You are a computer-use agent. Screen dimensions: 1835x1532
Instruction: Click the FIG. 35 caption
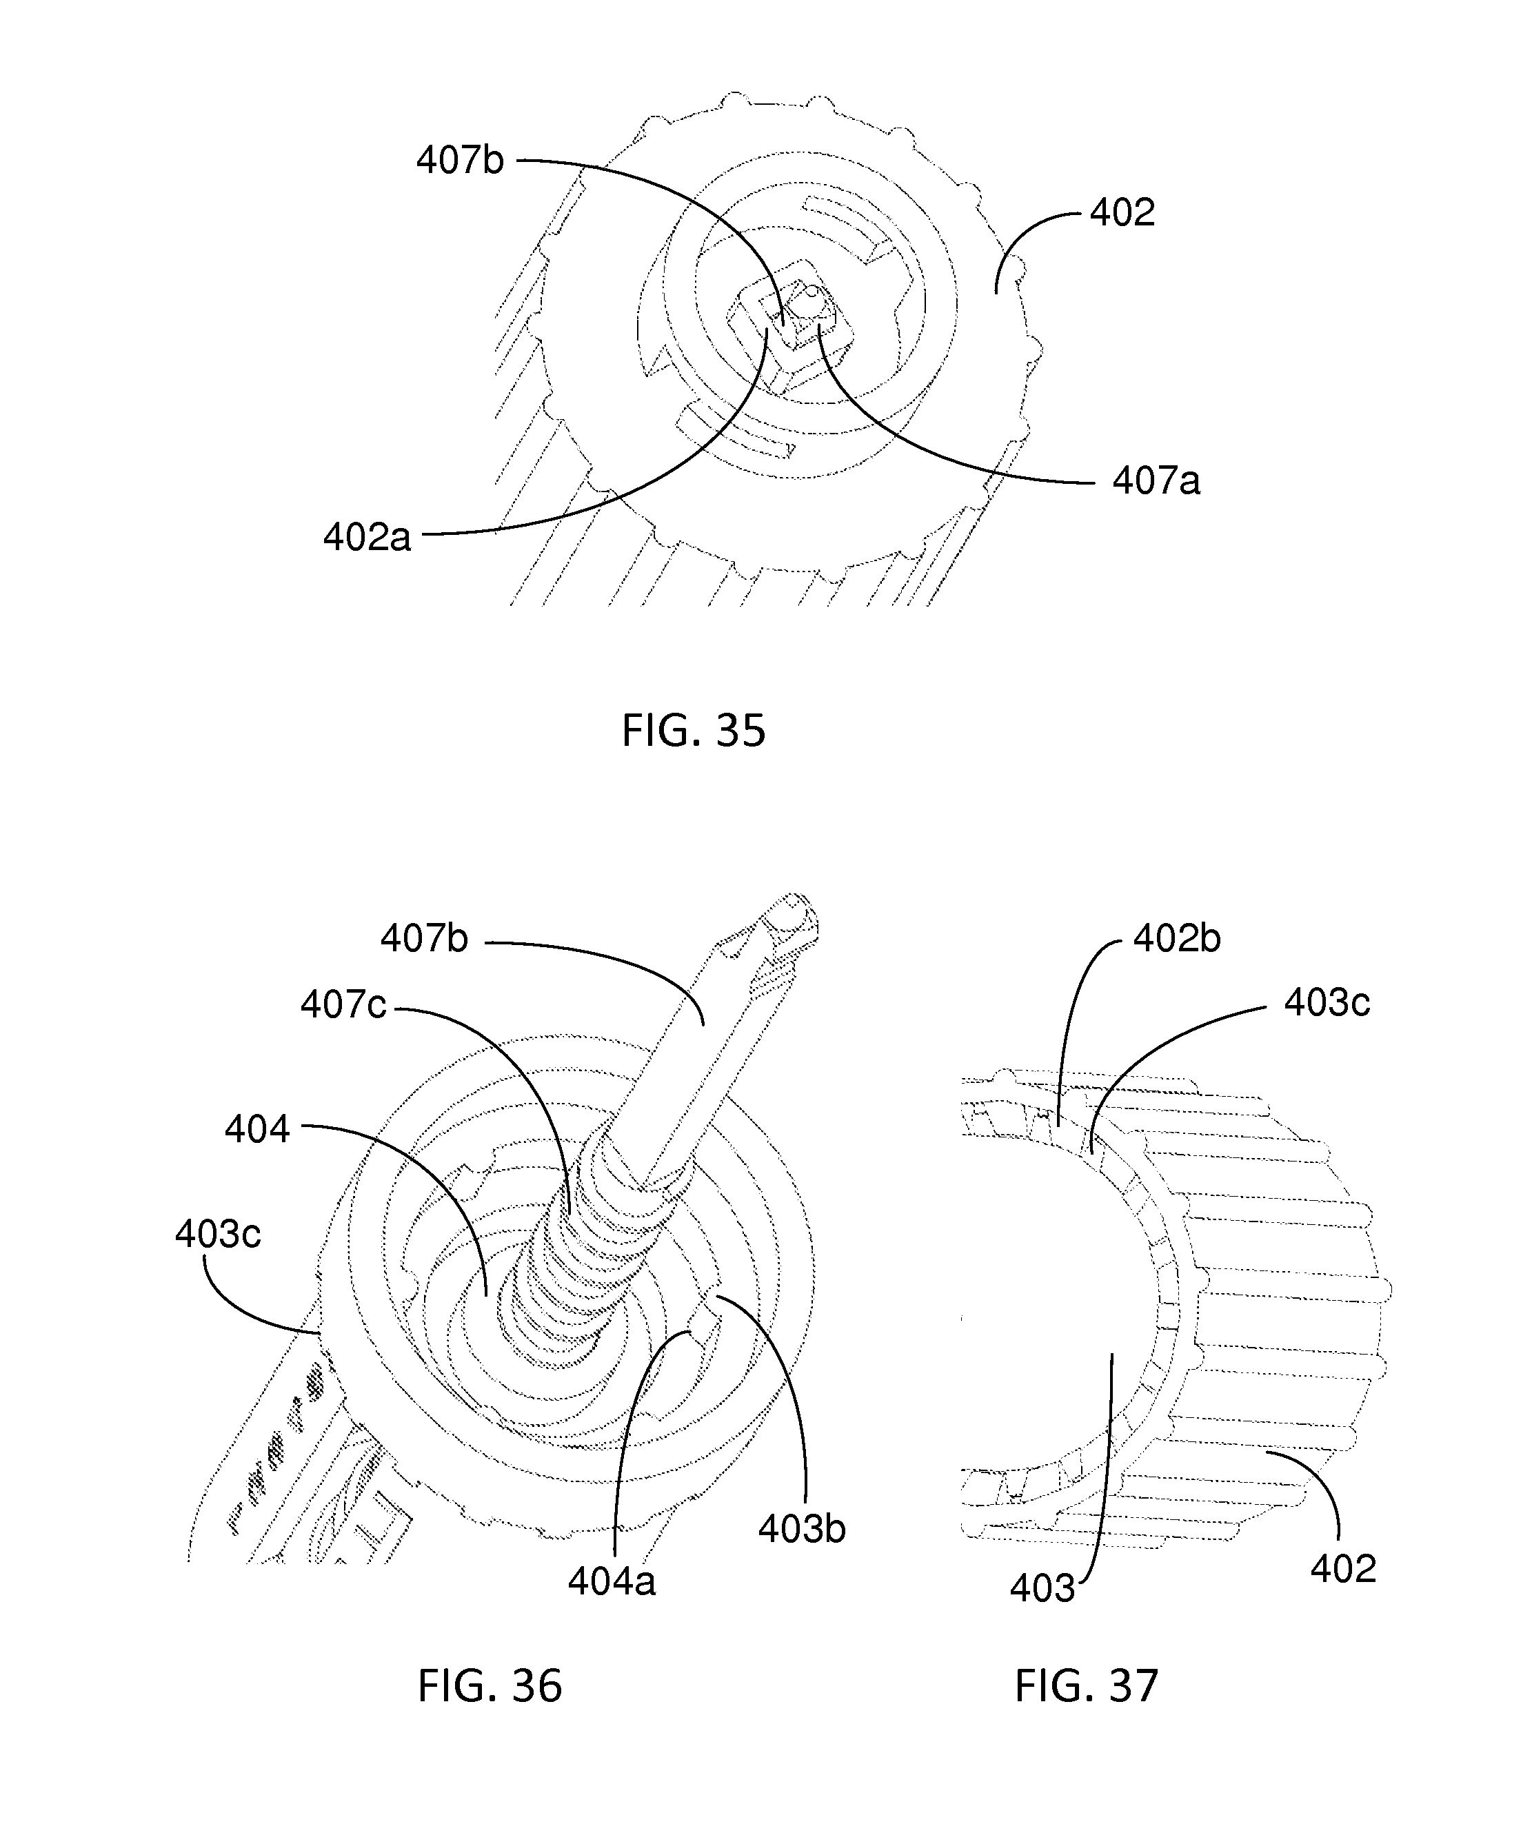click(x=693, y=731)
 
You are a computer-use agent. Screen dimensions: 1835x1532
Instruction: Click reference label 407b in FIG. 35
click(x=460, y=161)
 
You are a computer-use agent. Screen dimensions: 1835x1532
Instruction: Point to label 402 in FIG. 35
click(x=1122, y=212)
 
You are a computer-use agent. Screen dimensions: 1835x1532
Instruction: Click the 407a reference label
click(x=1156, y=480)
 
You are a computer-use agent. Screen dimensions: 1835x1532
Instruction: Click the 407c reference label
click(x=343, y=1005)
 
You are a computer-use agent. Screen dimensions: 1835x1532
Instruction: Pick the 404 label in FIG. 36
click(x=257, y=1129)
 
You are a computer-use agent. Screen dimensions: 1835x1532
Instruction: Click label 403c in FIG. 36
click(x=218, y=1235)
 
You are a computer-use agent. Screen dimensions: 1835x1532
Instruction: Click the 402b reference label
click(x=1176, y=938)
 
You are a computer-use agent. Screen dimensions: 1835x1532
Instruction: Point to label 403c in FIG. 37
click(x=1327, y=1002)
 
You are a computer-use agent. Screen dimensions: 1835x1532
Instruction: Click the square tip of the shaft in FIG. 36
click(x=791, y=922)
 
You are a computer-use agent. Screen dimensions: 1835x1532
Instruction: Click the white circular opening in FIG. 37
click(x=1049, y=1310)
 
